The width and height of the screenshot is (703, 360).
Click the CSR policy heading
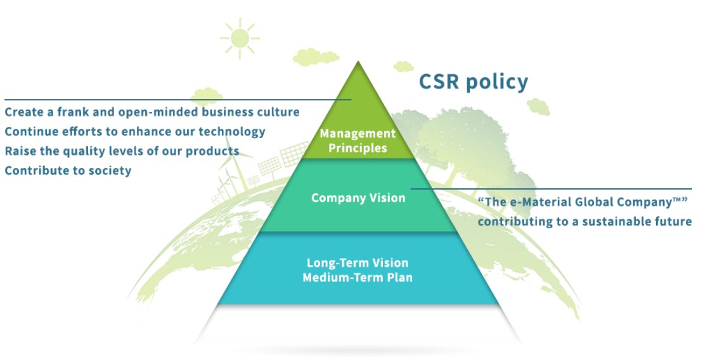click(473, 82)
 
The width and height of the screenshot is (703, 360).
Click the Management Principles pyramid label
click(358, 141)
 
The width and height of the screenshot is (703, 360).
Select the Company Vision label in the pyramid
click(358, 198)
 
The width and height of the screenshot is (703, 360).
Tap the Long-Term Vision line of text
click(358, 262)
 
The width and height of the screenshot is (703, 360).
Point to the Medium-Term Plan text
click(358, 277)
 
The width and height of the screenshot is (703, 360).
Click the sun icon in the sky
click(240, 37)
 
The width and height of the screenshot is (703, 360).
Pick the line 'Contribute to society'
click(68, 170)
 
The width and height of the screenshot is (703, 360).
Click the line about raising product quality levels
click(122, 151)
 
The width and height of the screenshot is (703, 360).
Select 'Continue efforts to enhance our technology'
click(134, 132)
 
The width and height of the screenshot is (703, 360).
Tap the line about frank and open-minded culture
click(152, 112)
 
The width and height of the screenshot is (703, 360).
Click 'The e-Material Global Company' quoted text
click(583, 202)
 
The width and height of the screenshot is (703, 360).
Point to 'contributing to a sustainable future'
click(584, 221)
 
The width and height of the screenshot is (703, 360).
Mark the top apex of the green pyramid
click(359, 64)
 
